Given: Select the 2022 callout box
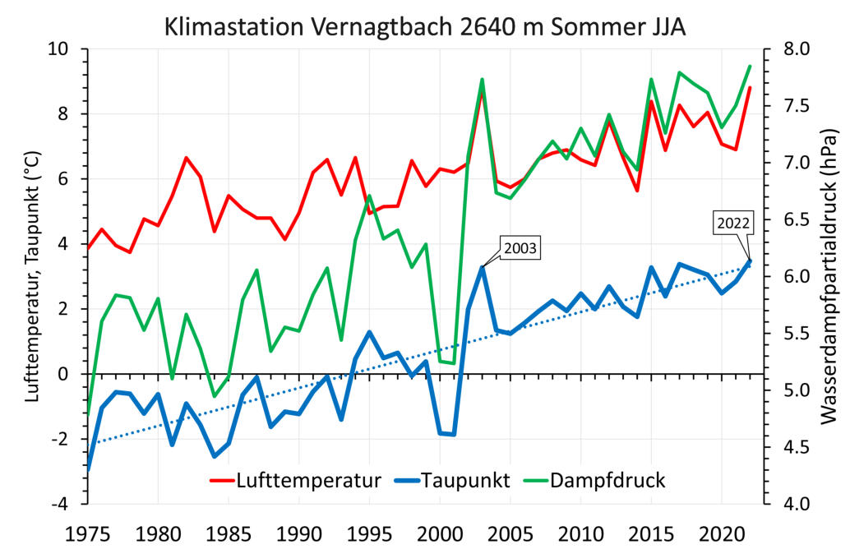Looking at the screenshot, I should pyautogui.click(x=732, y=223).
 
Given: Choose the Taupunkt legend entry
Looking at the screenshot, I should pyautogui.click(x=466, y=481).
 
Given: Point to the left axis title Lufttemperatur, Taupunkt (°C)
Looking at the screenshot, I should pyautogui.click(x=34, y=275).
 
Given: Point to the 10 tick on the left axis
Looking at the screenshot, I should pyautogui.click(x=63, y=49).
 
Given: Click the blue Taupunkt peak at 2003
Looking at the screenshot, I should pyautogui.click(x=482, y=267).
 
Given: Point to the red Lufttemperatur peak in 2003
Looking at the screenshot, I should pyautogui.click(x=482, y=91).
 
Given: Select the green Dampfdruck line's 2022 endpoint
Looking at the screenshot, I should pyautogui.click(x=750, y=67).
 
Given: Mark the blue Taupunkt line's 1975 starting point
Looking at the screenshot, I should pyautogui.click(x=88, y=468).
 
